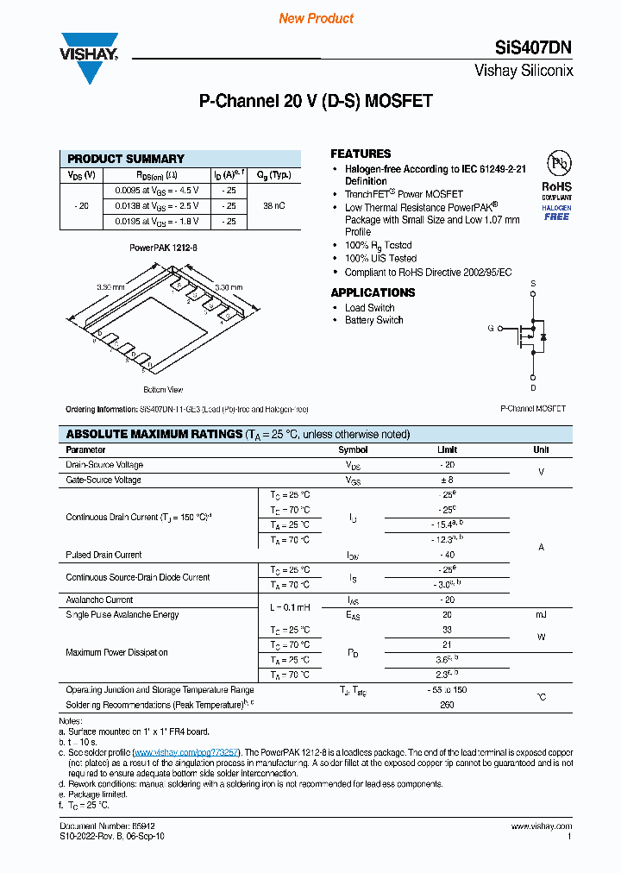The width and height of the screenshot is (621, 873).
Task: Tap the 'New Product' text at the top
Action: tap(316, 18)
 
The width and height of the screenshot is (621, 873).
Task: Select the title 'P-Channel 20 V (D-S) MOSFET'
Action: tap(316, 101)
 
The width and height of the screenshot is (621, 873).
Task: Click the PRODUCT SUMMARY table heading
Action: tap(126, 159)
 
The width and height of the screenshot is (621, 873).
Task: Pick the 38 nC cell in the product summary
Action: tap(274, 206)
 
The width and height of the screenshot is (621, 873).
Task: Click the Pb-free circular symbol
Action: tap(557, 164)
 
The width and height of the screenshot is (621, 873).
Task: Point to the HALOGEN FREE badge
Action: tap(556, 212)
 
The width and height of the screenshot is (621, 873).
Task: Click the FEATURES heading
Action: tap(361, 154)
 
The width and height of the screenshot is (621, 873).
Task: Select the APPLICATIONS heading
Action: tap(373, 292)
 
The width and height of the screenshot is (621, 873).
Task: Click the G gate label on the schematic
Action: tap(491, 328)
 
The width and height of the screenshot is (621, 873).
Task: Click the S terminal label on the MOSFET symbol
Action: tap(533, 283)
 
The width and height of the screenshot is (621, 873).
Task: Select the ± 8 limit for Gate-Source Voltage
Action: tap(447, 480)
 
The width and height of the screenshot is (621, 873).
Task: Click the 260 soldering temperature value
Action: tap(447, 705)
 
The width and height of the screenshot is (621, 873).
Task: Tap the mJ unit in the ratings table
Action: tap(541, 614)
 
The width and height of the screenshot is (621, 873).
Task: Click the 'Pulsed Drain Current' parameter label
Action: tap(103, 555)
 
